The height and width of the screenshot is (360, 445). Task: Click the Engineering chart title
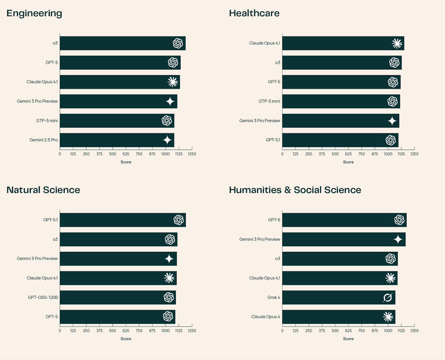(34, 14)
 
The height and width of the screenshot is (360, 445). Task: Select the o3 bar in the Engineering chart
(122, 43)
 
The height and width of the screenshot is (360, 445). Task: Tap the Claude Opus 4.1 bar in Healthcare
(343, 43)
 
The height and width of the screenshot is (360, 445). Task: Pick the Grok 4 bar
(339, 297)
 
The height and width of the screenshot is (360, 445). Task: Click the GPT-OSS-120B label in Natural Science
(43, 297)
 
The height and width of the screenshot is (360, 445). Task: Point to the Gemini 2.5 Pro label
(44, 140)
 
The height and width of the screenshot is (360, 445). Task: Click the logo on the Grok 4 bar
(388, 297)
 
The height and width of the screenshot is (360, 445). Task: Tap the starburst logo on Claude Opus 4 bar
(388, 317)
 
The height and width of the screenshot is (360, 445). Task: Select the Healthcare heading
(254, 14)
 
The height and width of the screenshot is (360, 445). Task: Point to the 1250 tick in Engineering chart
(192, 154)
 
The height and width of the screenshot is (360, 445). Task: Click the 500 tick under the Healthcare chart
(335, 154)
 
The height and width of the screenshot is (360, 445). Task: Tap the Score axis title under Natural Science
(126, 338)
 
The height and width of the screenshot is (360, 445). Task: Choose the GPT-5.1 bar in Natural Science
(122, 220)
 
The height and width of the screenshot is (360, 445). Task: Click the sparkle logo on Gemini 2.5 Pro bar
(167, 140)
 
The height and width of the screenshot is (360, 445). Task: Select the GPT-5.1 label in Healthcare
(273, 140)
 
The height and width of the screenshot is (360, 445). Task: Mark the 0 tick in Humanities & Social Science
(282, 330)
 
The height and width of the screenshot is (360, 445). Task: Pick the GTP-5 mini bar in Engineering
(117, 120)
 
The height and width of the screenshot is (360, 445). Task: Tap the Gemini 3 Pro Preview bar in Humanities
(344, 239)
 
